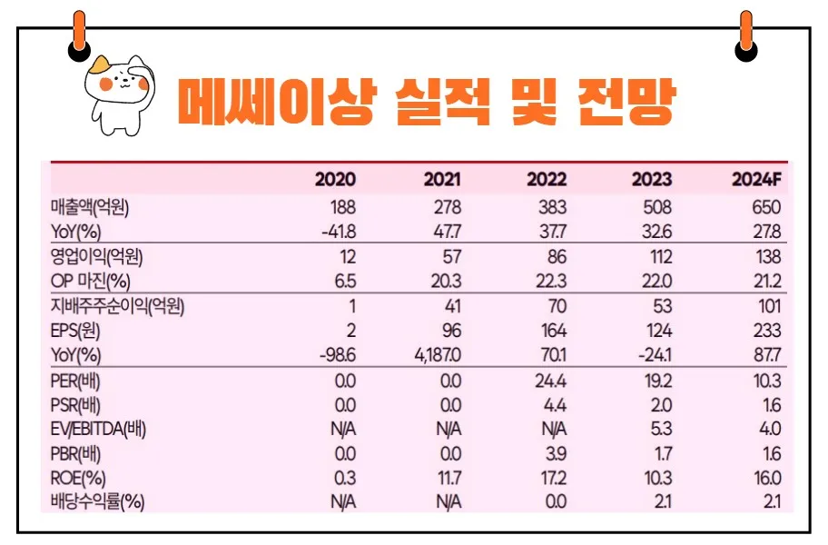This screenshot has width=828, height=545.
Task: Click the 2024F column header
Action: tap(756, 179)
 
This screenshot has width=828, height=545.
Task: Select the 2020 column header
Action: tap(335, 179)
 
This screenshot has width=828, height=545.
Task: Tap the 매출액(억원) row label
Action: tap(97, 207)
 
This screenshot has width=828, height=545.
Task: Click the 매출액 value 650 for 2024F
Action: tap(766, 207)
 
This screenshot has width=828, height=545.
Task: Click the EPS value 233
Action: tap(766, 330)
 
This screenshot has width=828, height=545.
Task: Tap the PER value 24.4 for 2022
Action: tap(550, 380)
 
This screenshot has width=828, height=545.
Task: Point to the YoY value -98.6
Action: tap(338, 353)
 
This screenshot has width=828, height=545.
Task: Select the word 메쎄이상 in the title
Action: tap(273, 102)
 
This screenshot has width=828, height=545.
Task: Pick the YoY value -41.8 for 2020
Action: tap(338, 231)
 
